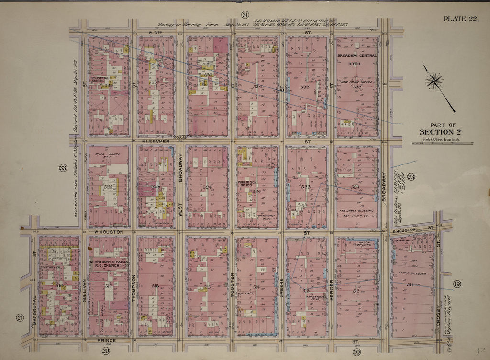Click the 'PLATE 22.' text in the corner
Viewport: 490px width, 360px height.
461,19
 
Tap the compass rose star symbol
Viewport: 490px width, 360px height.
434,80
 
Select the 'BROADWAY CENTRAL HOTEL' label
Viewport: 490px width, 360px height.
357,59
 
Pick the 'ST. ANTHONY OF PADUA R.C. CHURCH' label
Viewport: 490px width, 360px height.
109,264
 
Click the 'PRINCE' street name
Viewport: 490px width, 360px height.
106,341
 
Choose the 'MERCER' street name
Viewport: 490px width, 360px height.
331,290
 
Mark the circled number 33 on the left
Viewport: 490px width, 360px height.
63,167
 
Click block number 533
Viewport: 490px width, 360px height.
305,87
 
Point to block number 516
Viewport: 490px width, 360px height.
155,286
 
